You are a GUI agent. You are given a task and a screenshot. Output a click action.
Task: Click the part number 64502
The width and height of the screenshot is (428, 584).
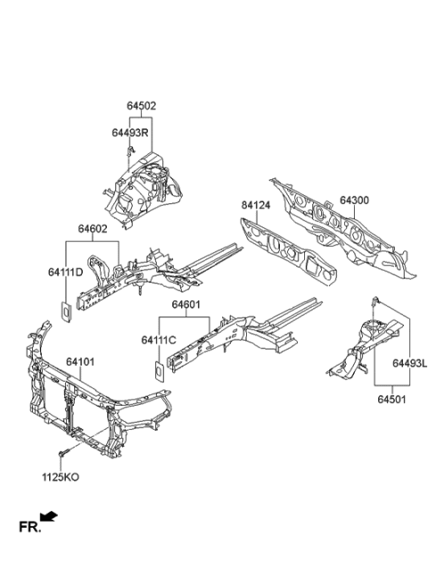(141, 105)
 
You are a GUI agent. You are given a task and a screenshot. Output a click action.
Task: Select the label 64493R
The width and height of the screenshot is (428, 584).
(129, 132)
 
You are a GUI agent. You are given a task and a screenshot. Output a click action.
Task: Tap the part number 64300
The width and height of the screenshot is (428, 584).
(357, 202)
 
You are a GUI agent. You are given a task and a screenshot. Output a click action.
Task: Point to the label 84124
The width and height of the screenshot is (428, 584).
(257, 205)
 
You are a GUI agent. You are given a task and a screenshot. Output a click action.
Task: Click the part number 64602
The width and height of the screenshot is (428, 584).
(93, 230)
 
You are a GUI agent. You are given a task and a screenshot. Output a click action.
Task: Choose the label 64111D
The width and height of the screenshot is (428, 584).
(66, 271)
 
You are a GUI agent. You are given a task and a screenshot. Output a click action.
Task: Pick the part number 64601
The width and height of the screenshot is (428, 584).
(185, 305)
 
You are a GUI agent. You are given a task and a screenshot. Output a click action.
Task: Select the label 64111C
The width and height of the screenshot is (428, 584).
(159, 340)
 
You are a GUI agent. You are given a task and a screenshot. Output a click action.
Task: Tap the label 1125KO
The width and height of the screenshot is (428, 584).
(61, 477)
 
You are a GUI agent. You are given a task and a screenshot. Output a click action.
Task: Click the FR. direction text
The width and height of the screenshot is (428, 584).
(30, 528)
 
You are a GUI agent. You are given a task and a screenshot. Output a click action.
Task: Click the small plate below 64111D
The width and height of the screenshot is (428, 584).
(66, 311)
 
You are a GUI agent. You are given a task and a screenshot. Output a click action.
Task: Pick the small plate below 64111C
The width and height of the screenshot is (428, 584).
(157, 369)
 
